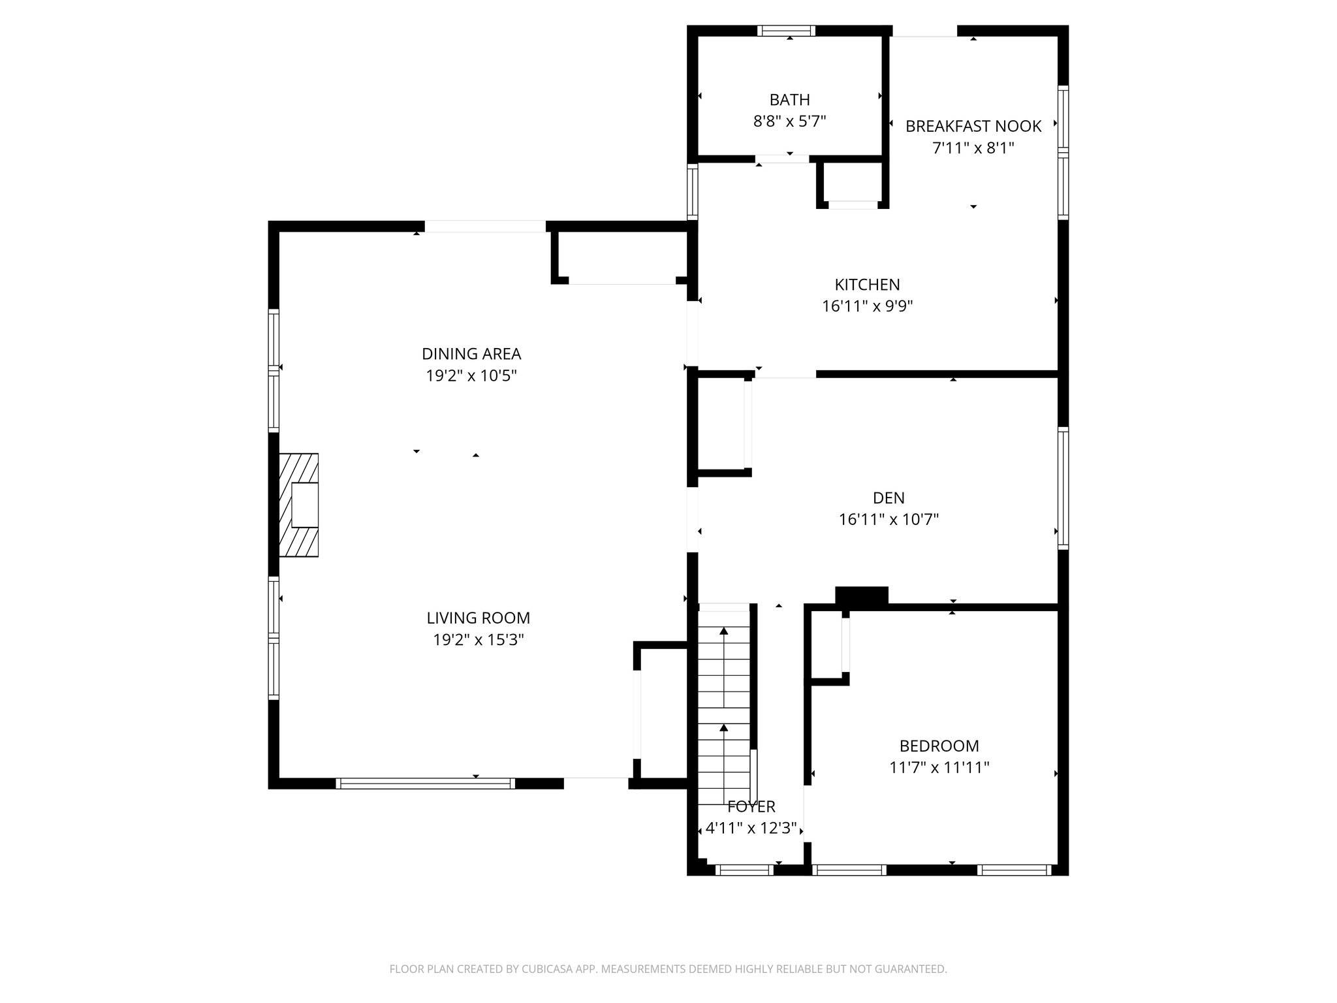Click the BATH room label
[789, 100]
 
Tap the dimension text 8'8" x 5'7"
[789, 121]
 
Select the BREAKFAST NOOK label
[973, 126]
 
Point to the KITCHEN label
[867, 285]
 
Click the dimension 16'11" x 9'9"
[867, 306]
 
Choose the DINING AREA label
[471, 354]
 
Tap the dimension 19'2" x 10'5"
[471, 375]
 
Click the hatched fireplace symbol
[299, 505]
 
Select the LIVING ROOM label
[478, 618]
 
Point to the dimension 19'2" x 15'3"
[478, 639]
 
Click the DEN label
[889, 498]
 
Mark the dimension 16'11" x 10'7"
[889, 520]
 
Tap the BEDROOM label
[939, 746]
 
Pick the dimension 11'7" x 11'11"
[939, 767]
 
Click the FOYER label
[751, 807]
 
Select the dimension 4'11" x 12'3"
[751, 829]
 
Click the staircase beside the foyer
[724, 699]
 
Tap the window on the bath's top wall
[786, 30]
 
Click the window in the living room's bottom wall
[425, 783]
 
